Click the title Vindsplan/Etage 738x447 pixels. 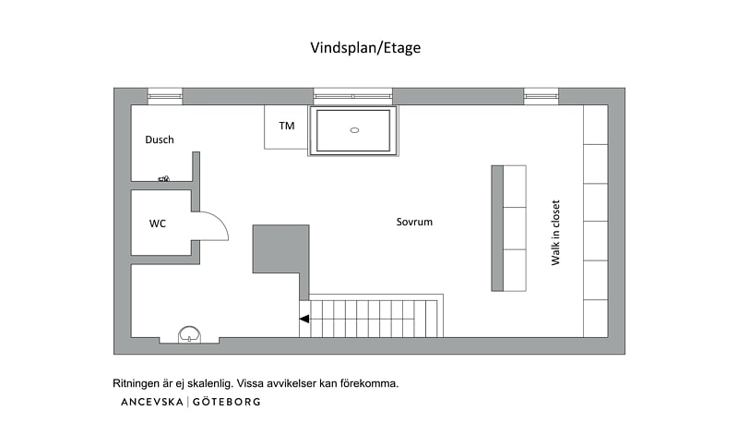point(365,48)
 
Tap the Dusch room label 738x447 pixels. point(159,139)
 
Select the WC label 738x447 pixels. point(158,223)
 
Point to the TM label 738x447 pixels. point(287,126)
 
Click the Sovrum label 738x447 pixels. point(414,222)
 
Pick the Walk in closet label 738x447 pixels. point(555,233)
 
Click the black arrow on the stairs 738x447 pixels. point(304,319)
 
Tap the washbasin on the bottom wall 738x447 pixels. point(189,334)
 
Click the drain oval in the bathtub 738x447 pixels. point(355,130)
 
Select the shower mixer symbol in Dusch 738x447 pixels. point(164,178)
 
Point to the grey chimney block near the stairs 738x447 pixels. point(281,249)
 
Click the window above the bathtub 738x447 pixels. point(353,96)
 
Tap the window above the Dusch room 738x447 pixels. point(165,96)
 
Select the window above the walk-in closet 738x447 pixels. point(542,96)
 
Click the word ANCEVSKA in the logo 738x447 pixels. point(152,402)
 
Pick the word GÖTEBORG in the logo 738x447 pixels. point(226,402)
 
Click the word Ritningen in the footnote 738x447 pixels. point(136,383)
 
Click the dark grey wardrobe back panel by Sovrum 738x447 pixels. point(497,228)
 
